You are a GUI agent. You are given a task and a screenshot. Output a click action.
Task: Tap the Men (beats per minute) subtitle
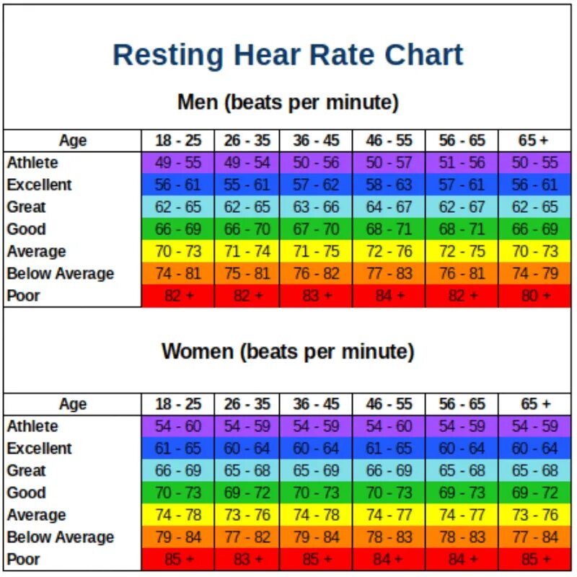coord(288,102)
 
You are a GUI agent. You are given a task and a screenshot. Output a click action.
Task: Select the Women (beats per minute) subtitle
coord(288,352)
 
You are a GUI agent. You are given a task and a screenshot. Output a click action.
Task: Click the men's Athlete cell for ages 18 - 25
coord(177,163)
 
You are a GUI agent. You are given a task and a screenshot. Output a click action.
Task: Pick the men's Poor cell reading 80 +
coord(534,296)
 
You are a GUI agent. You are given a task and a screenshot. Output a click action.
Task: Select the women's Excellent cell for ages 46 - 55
coord(389,449)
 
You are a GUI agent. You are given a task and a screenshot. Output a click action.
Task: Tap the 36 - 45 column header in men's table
coord(316,141)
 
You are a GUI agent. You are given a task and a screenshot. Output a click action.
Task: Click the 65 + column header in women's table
coord(534,404)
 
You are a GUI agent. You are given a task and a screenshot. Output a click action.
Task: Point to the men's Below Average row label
coord(61,273)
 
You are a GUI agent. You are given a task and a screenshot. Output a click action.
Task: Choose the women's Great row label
coord(27,471)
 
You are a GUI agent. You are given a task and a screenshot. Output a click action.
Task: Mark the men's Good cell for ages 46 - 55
coord(389,229)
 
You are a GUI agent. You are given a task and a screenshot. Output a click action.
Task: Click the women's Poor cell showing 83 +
coord(247,560)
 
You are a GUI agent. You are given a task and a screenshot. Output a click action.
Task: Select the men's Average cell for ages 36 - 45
coord(316,252)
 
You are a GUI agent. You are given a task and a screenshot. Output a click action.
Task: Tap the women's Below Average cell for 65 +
coord(534,537)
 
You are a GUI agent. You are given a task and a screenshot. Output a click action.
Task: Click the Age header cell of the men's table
coord(72,141)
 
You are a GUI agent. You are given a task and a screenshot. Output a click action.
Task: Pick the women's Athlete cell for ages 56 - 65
coord(462,426)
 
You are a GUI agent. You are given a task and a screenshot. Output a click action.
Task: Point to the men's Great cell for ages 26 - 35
coord(247,207)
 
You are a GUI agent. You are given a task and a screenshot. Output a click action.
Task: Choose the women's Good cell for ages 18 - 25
coord(177,493)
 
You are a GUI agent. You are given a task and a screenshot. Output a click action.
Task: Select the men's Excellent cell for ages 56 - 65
coord(462,185)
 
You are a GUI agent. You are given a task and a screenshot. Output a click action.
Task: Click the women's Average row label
coord(37,515)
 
